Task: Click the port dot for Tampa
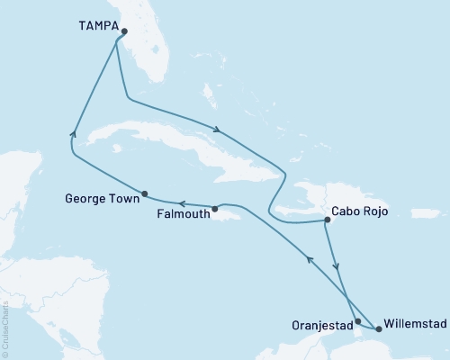124,31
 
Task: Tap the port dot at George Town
145,193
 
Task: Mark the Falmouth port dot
215,210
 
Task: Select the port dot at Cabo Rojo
326,219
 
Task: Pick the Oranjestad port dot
358,321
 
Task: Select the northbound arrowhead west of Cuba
73,134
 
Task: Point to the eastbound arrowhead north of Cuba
216,129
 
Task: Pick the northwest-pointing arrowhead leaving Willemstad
310,259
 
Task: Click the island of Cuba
180,144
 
